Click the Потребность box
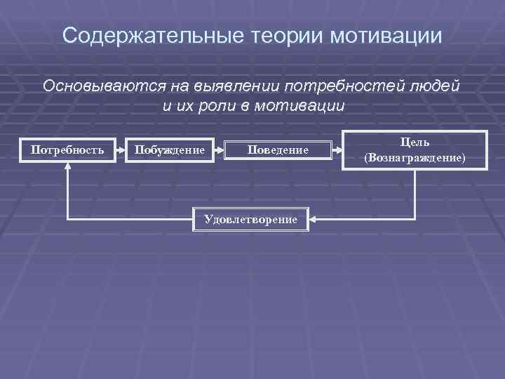(67, 149)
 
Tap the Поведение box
(277, 149)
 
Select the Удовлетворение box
(250, 220)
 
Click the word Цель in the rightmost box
(415, 142)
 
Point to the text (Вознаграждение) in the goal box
(415, 158)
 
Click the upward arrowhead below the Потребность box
(67, 166)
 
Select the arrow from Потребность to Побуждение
(119, 149)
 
